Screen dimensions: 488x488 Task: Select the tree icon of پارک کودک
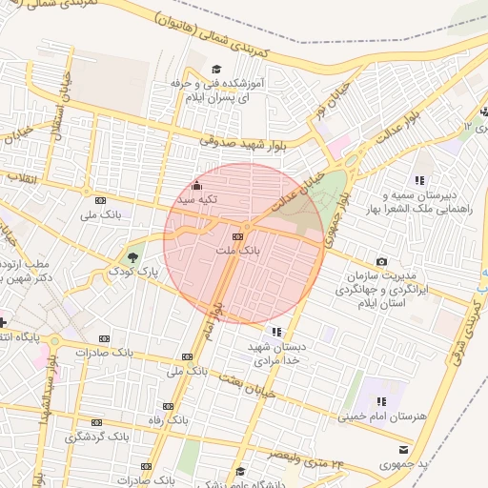[x=132, y=257]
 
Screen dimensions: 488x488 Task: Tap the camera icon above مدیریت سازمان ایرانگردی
[x=382, y=261]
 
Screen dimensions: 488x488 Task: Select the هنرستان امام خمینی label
[x=380, y=419]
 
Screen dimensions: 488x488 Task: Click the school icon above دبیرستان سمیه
[x=418, y=180]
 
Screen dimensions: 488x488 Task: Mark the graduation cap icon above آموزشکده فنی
[x=216, y=70]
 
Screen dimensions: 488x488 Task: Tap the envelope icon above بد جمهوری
[x=404, y=449]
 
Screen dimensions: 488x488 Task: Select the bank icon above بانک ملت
[x=237, y=235]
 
